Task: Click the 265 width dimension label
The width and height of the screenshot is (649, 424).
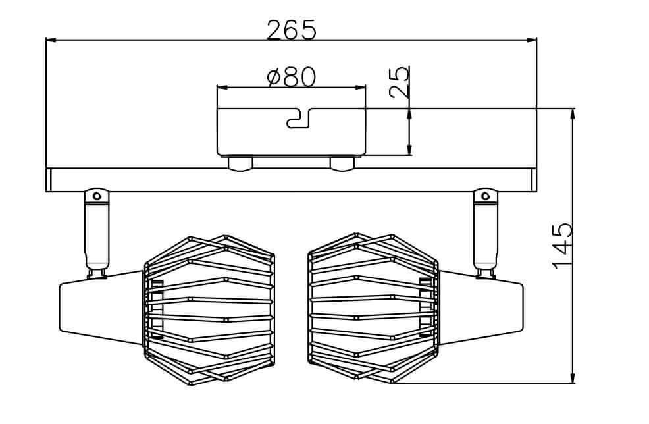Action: (x=291, y=30)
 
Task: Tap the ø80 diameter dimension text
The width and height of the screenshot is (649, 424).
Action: (x=292, y=76)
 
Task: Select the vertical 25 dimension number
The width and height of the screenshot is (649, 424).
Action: (x=400, y=82)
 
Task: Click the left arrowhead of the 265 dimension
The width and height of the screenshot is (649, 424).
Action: (x=51, y=41)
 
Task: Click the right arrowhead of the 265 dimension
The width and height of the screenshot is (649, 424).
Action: (x=531, y=41)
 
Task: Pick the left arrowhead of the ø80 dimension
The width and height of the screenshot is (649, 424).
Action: (x=222, y=88)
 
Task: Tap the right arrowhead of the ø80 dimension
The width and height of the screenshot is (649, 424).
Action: (x=361, y=88)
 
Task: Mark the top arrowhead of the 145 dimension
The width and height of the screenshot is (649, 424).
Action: (x=573, y=115)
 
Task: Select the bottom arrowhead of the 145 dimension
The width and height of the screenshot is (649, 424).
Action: (x=573, y=377)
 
